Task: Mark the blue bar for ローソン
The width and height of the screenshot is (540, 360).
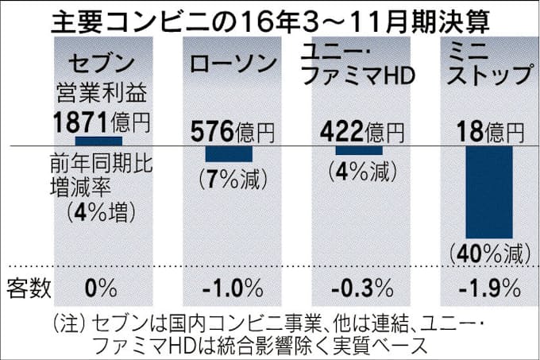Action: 229,153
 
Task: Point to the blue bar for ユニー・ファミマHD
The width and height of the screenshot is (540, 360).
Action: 359,149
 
